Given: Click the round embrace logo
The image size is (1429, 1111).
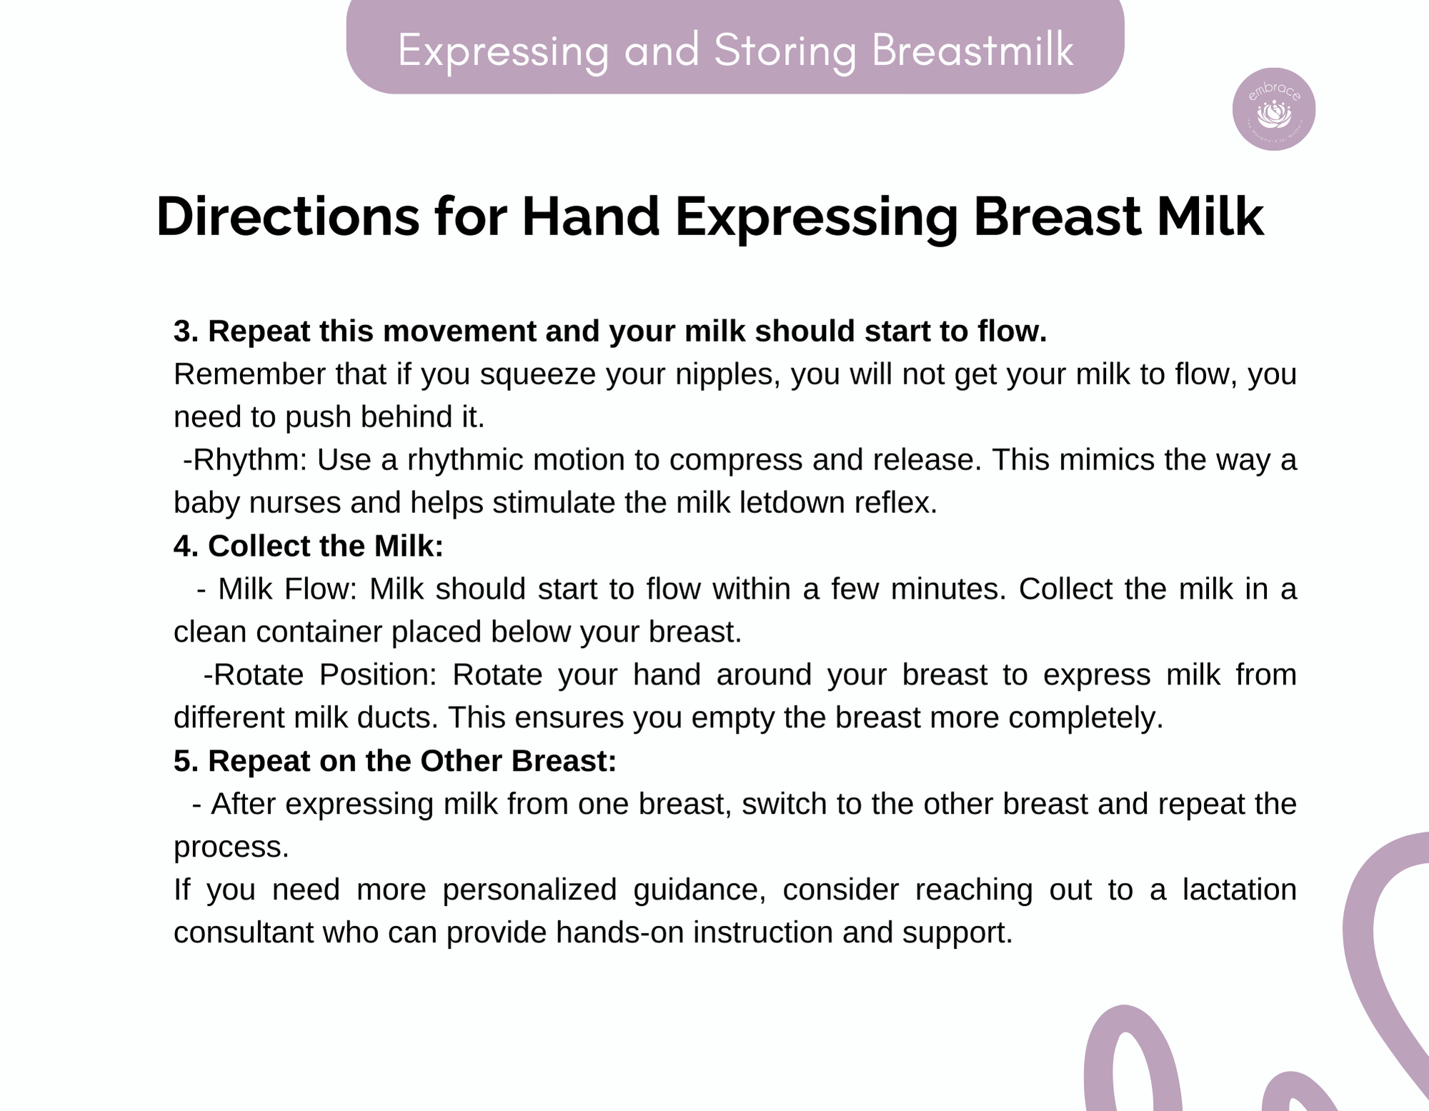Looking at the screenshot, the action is (x=1274, y=109).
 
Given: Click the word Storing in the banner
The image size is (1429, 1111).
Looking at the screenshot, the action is (x=785, y=51).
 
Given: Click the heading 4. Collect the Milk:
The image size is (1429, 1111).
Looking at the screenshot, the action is (x=309, y=546).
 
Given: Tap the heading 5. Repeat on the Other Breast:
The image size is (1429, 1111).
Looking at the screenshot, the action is (x=395, y=761).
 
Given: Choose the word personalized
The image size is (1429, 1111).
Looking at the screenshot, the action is (x=529, y=890).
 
